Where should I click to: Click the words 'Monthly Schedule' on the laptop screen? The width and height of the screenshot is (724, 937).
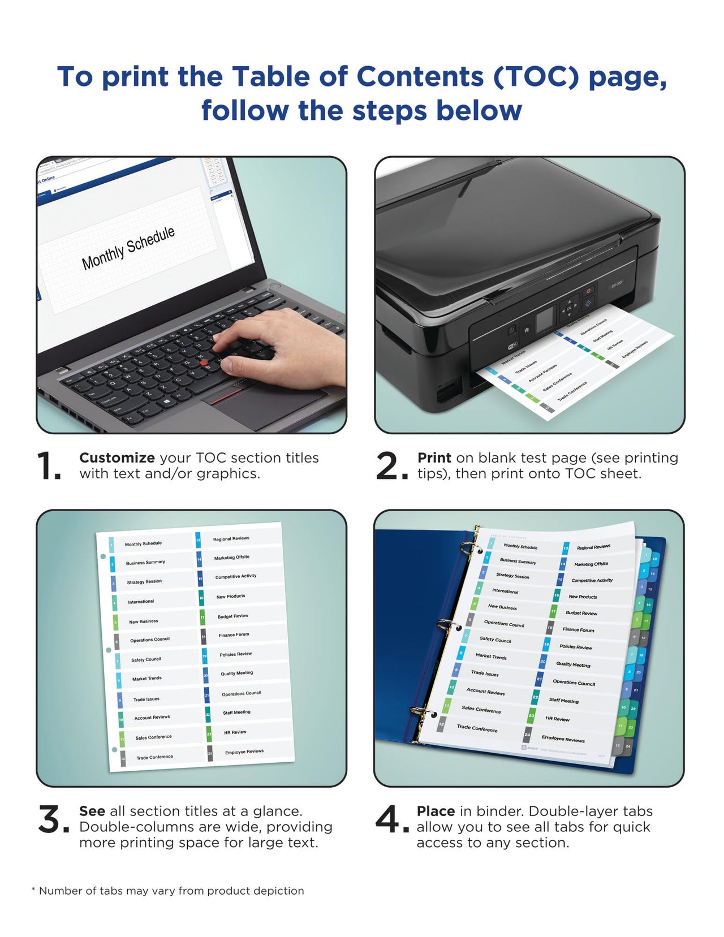click(x=128, y=248)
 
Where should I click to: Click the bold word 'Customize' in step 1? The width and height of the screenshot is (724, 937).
click(x=117, y=458)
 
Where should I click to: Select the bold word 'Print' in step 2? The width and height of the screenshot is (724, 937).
click(x=434, y=458)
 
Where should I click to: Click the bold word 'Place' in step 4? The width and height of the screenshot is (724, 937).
click(x=436, y=811)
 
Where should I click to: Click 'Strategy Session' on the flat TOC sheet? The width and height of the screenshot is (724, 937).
click(x=144, y=582)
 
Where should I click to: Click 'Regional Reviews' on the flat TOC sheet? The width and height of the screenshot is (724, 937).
click(x=231, y=539)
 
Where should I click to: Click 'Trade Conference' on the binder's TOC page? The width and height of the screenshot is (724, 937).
click(x=477, y=728)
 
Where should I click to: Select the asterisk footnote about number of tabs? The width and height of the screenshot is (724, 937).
click(x=167, y=891)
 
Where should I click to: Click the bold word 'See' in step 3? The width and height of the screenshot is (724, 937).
click(x=92, y=811)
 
